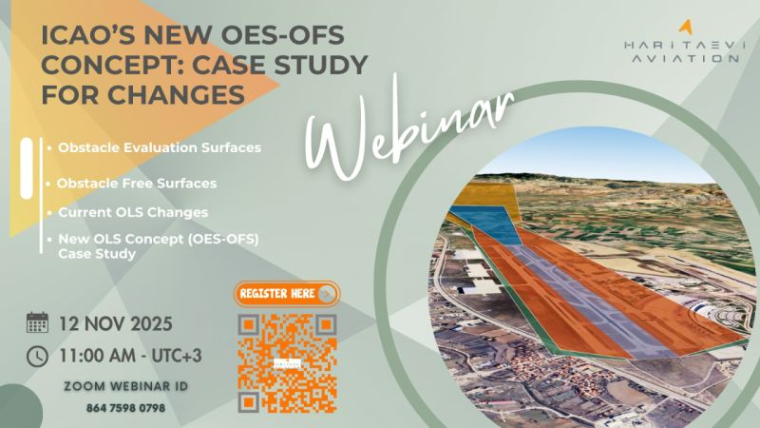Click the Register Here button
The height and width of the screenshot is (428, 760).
coord(287,294)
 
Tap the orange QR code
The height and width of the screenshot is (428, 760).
coord(287,363)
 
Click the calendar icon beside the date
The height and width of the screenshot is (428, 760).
coord(37,322)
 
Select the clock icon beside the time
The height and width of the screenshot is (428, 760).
coord(37,356)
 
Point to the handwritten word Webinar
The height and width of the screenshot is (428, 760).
coord(407,130)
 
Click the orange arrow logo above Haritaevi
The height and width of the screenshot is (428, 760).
coord(685,28)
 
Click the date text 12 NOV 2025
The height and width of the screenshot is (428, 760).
coord(116,323)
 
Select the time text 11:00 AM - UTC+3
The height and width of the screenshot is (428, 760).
coord(130,356)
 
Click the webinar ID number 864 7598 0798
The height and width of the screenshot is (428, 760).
coord(125,408)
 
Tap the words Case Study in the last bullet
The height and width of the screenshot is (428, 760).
coord(97,254)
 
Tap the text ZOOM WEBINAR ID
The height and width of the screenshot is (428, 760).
coord(126,387)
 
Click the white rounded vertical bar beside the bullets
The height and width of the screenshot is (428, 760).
coord(27,168)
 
